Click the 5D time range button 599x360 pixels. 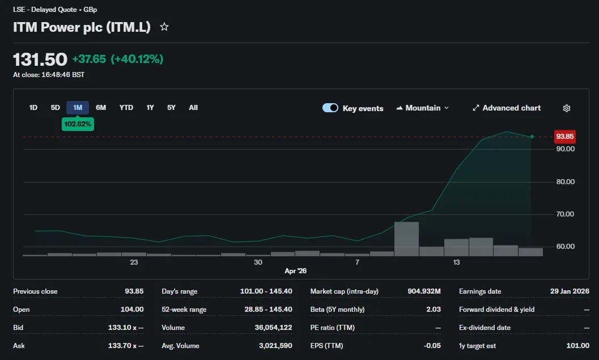pyautogui.click(x=56, y=108)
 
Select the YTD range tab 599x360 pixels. pyautogui.click(x=126, y=108)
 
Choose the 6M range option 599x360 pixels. pyautogui.click(x=101, y=108)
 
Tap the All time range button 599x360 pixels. pyautogui.click(x=193, y=108)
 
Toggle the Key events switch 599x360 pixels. pyautogui.click(x=330, y=108)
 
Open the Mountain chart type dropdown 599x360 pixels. pyautogui.click(x=423, y=108)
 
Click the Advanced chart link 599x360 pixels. pyautogui.click(x=507, y=108)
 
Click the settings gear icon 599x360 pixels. pyautogui.click(x=567, y=108)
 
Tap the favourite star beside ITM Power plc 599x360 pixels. pyautogui.click(x=164, y=27)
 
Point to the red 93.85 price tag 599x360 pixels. pyautogui.click(x=564, y=137)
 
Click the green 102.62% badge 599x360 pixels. pyautogui.click(x=78, y=124)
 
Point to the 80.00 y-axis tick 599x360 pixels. pyautogui.click(x=566, y=181)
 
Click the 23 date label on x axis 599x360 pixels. pyautogui.click(x=134, y=262)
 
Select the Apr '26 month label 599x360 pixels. pyautogui.click(x=295, y=271)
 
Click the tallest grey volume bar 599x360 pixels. pyautogui.click(x=406, y=239)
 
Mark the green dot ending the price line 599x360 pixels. pyautogui.click(x=532, y=137)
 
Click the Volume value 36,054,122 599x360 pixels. pyautogui.click(x=273, y=328)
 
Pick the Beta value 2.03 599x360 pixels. pyautogui.click(x=434, y=309)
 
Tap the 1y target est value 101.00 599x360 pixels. pyautogui.click(x=577, y=345)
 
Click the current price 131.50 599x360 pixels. pyautogui.click(x=40, y=60)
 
